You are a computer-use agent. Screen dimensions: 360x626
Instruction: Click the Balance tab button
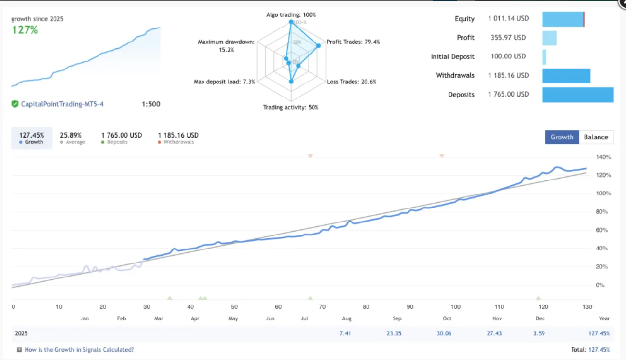click(x=596, y=137)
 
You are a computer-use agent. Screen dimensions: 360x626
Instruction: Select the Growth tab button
click(x=562, y=137)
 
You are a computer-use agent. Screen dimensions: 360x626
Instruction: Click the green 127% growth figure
click(x=25, y=30)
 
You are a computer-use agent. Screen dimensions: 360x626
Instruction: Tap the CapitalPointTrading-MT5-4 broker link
click(x=62, y=104)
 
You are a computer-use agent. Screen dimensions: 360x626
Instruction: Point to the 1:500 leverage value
click(x=151, y=104)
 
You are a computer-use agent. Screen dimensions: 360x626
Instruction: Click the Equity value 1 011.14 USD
click(x=508, y=19)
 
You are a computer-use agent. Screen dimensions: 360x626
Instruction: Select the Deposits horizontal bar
click(x=578, y=95)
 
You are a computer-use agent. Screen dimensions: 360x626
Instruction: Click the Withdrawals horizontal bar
click(x=566, y=76)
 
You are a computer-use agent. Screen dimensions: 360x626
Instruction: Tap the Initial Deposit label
click(x=452, y=57)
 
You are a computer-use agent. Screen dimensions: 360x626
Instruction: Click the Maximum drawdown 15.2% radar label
click(x=226, y=46)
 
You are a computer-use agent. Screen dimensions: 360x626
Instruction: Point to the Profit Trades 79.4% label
click(x=353, y=42)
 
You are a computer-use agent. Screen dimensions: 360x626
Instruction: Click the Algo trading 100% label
click(x=291, y=15)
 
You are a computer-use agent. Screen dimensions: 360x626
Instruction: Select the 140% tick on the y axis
click(x=603, y=157)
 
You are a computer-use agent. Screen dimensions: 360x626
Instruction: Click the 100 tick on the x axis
click(x=455, y=307)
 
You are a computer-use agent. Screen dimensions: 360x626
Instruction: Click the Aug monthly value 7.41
click(x=345, y=333)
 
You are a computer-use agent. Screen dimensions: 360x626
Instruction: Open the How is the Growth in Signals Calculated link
click(x=79, y=350)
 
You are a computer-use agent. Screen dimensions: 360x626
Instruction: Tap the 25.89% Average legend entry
click(x=70, y=138)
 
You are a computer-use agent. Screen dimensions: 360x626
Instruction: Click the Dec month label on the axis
click(x=540, y=318)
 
